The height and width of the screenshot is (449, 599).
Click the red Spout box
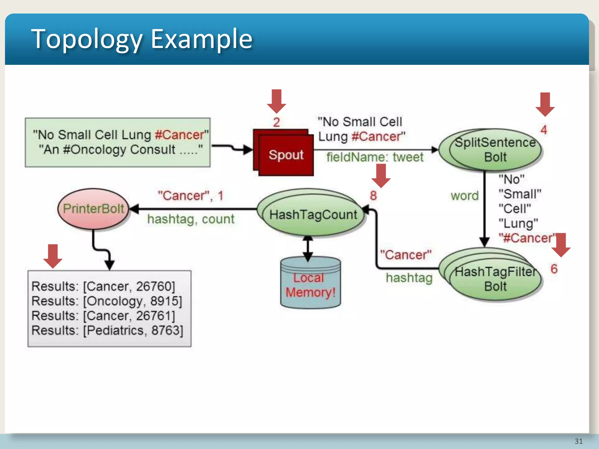285,155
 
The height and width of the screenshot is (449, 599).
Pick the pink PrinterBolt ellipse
93,209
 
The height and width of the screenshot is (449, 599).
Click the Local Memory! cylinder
310,285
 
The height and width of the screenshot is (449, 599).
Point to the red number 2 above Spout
276,122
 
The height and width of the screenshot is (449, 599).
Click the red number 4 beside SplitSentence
544,130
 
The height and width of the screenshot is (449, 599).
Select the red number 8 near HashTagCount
373,196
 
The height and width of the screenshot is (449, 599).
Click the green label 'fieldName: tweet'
375,157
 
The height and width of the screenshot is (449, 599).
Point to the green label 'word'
464,196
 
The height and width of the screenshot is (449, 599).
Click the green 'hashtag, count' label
191,219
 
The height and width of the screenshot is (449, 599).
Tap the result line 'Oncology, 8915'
107,301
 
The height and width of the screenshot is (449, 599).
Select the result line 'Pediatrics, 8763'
107,331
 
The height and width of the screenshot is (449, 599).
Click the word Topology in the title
87,39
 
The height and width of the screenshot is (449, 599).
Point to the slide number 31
578,441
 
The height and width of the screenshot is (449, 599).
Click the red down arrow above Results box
53,256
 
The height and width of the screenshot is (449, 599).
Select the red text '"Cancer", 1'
190,196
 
